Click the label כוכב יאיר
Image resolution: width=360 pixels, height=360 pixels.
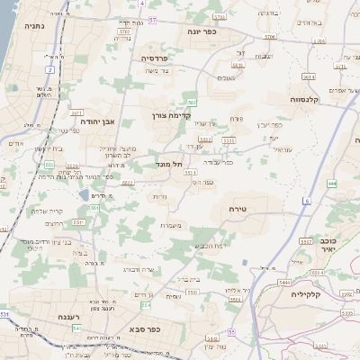[x=328, y=246]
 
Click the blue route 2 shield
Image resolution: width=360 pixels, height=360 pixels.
[x=50, y=68]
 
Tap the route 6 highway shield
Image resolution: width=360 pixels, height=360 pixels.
[x=306, y=200]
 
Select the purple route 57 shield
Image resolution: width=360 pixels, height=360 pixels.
[x=153, y=19]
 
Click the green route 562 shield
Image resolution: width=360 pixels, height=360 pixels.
[x=192, y=103]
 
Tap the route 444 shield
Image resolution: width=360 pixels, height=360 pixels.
[x=332, y=183]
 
